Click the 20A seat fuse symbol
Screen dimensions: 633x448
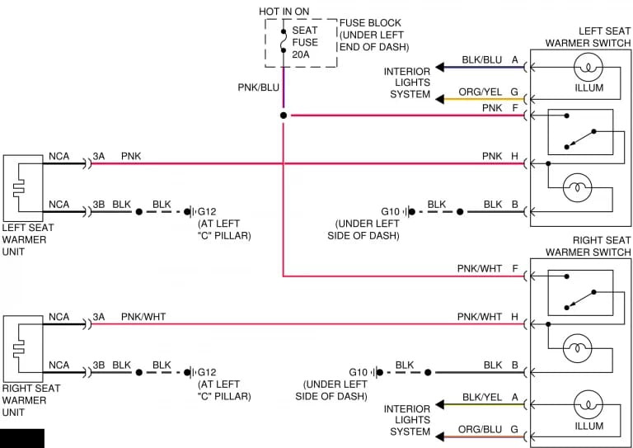[x=284, y=40]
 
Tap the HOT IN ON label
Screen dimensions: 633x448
[x=284, y=12]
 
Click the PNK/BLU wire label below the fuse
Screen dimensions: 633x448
[x=258, y=87]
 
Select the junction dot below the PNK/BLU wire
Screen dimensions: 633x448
[x=284, y=116]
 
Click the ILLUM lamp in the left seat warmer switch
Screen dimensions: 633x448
[x=588, y=67]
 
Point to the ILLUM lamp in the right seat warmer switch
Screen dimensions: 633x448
[x=588, y=405]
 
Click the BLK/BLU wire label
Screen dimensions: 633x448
[x=482, y=60]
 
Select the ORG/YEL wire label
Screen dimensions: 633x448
[x=480, y=92]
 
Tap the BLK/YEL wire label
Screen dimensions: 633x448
[x=482, y=398]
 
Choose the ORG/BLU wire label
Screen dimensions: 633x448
[x=480, y=429]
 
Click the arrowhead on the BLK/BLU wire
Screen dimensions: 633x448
[x=439, y=68]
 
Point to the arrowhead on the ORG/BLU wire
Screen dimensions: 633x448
[x=439, y=436]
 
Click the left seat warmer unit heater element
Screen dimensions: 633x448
[x=19, y=188]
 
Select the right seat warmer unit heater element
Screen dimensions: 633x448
[x=19, y=349]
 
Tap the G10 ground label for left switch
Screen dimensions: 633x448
[x=390, y=212]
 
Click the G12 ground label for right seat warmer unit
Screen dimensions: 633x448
[x=207, y=372]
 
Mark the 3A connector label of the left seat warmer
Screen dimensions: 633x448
[x=99, y=156]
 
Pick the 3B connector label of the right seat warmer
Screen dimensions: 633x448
[x=99, y=365]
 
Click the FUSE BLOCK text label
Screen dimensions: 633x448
[x=370, y=23]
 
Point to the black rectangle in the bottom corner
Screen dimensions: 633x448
[x=22, y=439]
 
